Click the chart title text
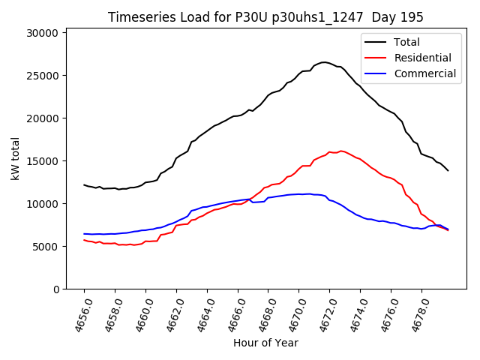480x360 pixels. tap(265, 17)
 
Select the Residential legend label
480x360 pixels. tap(423, 58)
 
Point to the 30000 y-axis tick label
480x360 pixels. tap(43, 33)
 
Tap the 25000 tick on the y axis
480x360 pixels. tap(43, 76)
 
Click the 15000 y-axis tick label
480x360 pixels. tap(43, 161)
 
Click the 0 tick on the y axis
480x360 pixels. tap(55, 289)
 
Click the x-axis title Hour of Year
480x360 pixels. tap(265, 343)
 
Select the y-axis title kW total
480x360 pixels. tap(16, 159)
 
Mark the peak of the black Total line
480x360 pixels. tap(324, 62)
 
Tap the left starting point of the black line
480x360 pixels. tap(84, 184)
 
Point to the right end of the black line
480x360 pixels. tap(448, 170)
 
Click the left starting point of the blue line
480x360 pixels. tap(84, 234)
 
